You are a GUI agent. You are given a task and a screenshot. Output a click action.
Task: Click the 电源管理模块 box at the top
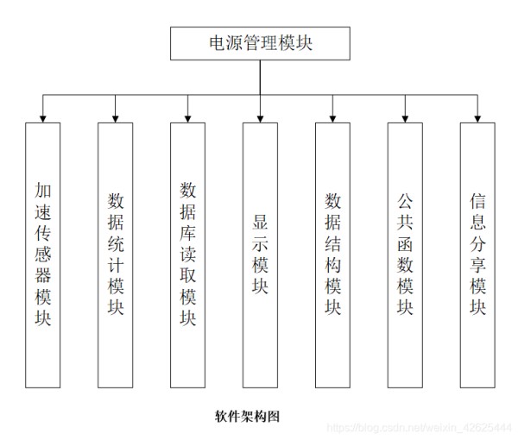coord(260,43)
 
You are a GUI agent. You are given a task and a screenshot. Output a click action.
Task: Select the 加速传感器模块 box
coord(42,255)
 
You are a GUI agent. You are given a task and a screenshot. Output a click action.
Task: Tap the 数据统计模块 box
coord(116,255)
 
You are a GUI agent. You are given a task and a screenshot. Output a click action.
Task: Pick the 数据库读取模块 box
coord(187,255)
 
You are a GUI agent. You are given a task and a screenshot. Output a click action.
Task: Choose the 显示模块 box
coord(260,255)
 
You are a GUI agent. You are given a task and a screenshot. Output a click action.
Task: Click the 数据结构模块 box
coord(332,255)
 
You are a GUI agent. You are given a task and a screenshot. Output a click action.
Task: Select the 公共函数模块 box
coord(405,255)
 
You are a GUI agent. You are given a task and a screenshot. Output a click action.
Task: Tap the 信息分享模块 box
coord(477,255)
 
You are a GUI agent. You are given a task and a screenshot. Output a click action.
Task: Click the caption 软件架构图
coord(247,416)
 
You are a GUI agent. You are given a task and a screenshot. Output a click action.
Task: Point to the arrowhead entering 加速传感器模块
coord(42,119)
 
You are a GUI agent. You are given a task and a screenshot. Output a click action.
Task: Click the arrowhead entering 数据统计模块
coord(116,119)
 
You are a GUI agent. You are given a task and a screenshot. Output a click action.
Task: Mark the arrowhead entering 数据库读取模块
coord(187,119)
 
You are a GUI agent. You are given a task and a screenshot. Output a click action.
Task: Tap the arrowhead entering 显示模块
coord(260,119)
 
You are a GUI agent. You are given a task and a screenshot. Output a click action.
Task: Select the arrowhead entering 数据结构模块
coord(332,119)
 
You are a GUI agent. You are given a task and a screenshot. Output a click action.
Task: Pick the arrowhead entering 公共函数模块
coord(405,119)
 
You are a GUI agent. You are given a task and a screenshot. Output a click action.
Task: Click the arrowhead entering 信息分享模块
coord(477,119)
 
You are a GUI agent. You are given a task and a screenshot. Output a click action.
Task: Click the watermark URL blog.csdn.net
coord(419,428)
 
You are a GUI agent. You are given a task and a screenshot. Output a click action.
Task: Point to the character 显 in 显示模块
coord(260,222)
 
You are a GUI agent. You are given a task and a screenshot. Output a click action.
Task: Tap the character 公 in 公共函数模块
coord(405,201)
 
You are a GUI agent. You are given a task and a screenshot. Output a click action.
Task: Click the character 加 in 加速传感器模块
coord(42,190)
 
